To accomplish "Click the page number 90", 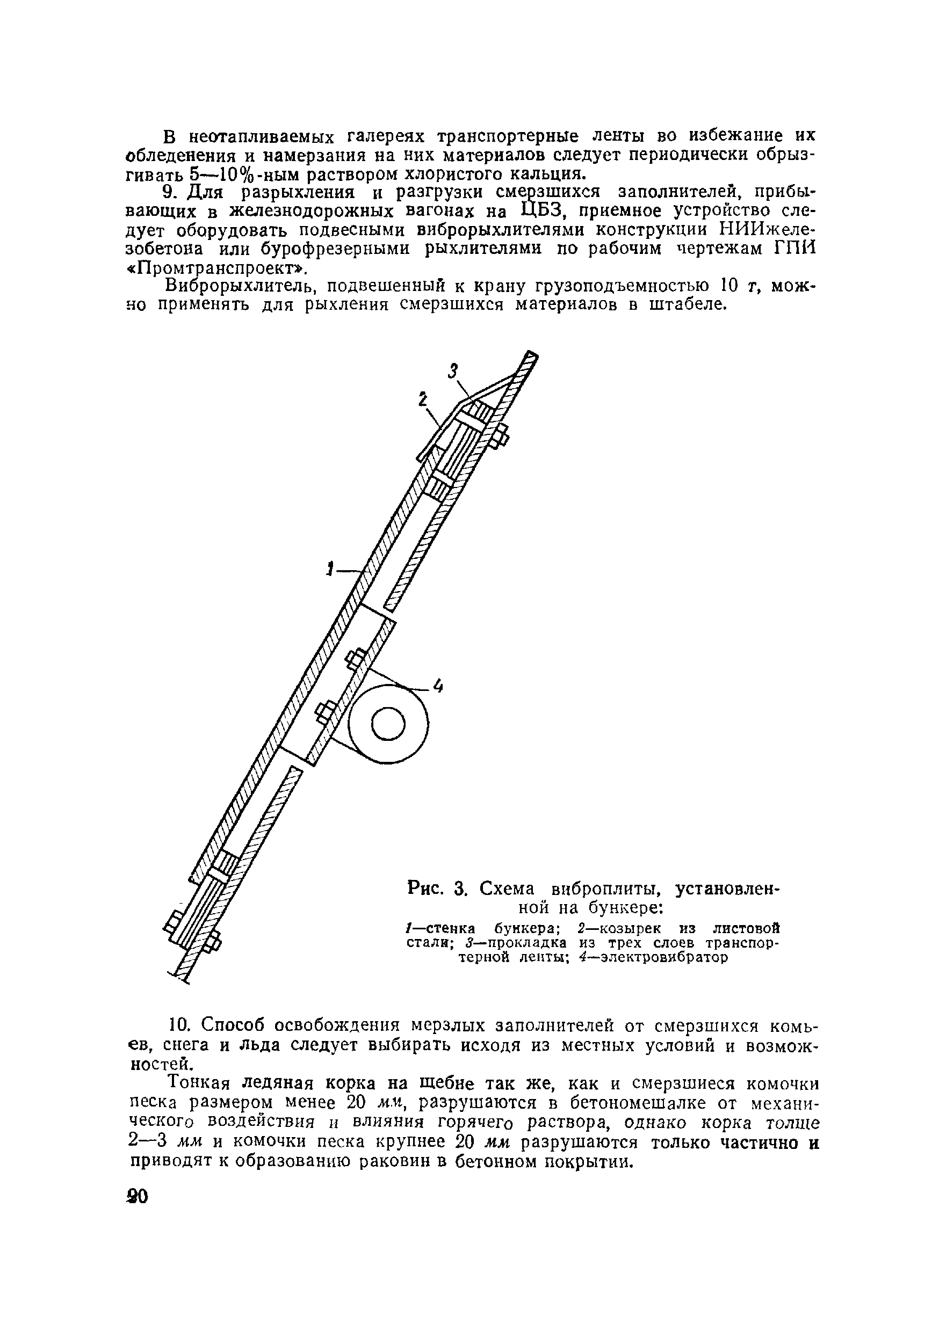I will (x=138, y=1197).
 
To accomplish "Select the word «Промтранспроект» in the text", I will (x=215, y=268).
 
